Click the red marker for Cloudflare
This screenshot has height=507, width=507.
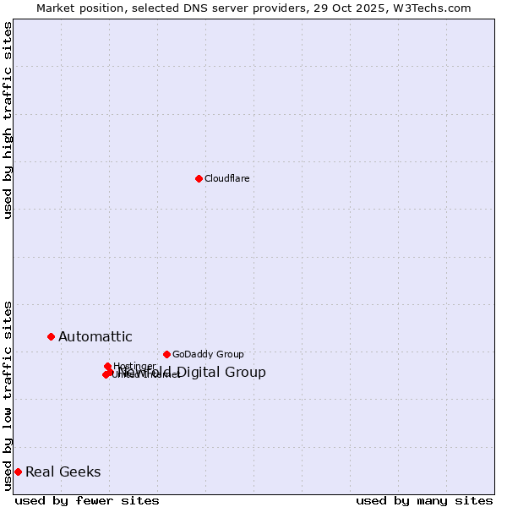(x=199, y=178)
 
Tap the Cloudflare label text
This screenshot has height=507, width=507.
(x=227, y=178)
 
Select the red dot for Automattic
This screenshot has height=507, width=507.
(x=51, y=336)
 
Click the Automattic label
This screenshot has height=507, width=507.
(x=95, y=336)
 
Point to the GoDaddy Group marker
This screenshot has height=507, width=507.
(x=166, y=354)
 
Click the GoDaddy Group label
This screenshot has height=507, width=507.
(x=208, y=354)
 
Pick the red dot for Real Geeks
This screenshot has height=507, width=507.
(x=18, y=472)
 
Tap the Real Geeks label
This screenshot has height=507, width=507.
(x=63, y=472)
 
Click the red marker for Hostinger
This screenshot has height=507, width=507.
(x=107, y=366)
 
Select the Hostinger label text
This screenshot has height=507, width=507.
(x=134, y=366)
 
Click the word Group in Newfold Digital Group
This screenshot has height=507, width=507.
(x=245, y=373)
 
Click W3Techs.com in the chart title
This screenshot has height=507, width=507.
(x=435, y=8)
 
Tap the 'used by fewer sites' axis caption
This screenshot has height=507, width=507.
(x=87, y=501)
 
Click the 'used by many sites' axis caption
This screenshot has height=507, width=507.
(x=424, y=501)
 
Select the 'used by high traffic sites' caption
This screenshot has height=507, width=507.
(x=8, y=120)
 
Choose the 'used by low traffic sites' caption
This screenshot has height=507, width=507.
(x=8, y=395)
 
